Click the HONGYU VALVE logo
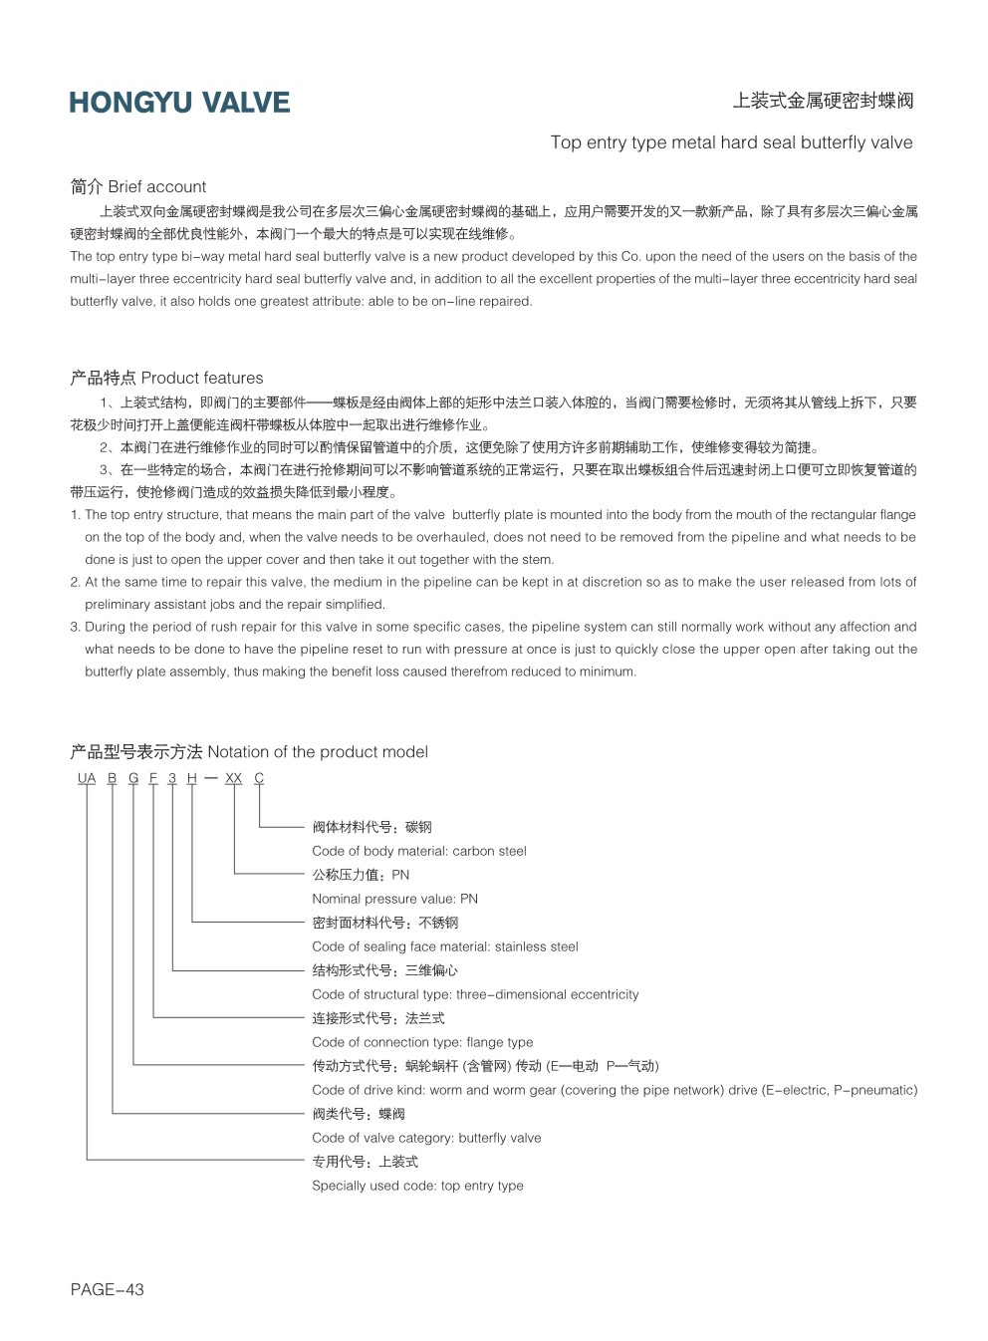click(x=179, y=103)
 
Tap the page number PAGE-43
click(x=107, y=1289)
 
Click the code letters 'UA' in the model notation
click(x=87, y=778)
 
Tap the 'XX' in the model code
click(x=233, y=778)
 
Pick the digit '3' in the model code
click(x=172, y=778)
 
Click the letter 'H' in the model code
click(x=192, y=778)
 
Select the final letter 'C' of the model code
click(x=259, y=778)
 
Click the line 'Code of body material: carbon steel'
click(x=418, y=851)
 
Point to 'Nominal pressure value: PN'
click(x=394, y=899)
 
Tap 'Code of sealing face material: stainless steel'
click(x=444, y=946)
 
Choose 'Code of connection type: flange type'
click(x=422, y=1042)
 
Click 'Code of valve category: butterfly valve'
click(x=426, y=1138)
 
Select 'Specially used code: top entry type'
click(x=417, y=1186)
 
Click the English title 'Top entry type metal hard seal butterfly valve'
click(x=731, y=142)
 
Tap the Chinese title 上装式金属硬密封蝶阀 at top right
click(x=823, y=101)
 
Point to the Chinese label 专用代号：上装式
click(x=365, y=1162)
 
